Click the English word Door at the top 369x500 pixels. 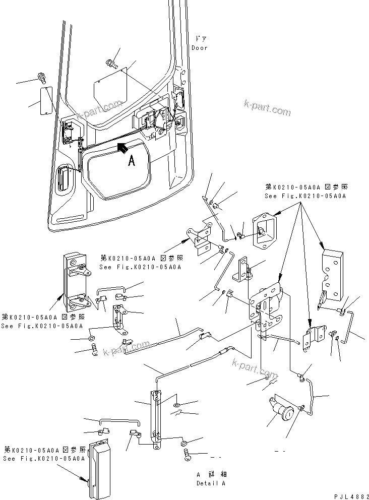[199, 48]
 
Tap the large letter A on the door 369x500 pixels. [131, 160]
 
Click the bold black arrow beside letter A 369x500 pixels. [122, 147]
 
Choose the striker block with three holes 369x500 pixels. [331, 277]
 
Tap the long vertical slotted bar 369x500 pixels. [156, 414]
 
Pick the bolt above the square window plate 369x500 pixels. [110, 63]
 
